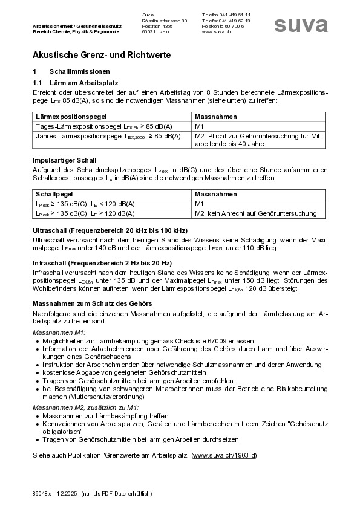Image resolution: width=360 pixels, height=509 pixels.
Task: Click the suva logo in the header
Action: tap(301, 24)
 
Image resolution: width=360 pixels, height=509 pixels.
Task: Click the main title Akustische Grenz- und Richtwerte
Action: tap(102, 55)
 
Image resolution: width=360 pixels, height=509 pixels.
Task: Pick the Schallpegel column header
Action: tap(53, 195)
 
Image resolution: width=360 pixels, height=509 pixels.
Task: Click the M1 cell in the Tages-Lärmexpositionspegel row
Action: tap(200, 126)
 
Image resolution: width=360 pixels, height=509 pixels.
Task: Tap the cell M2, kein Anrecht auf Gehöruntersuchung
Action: tap(256, 213)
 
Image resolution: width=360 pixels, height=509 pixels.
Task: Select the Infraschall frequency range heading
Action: tap(102, 263)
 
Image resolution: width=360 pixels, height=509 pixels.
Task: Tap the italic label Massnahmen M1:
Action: tap(59, 332)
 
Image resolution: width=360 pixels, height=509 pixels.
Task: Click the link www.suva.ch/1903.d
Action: tap(224, 455)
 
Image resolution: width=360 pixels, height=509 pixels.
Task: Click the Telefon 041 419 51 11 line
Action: tap(226, 15)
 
